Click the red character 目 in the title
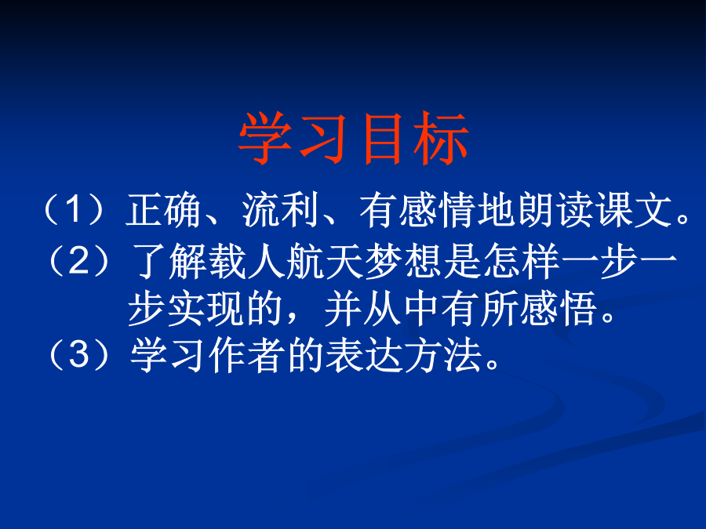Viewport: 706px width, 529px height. tap(382, 138)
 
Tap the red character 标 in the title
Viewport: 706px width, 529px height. tap(442, 138)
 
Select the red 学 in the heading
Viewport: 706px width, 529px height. tap(265, 138)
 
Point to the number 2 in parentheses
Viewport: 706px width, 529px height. tap(79, 261)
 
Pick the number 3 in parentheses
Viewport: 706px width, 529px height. tap(79, 354)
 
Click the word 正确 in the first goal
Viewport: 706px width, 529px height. tap(163, 210)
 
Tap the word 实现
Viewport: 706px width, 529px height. tap(206, 309)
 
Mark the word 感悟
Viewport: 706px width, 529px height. tap(559, 309)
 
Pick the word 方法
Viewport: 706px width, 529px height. tap(442, 355)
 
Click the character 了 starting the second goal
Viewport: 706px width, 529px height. tap(149, 261)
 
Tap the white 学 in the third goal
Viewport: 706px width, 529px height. tap(148, 355)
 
